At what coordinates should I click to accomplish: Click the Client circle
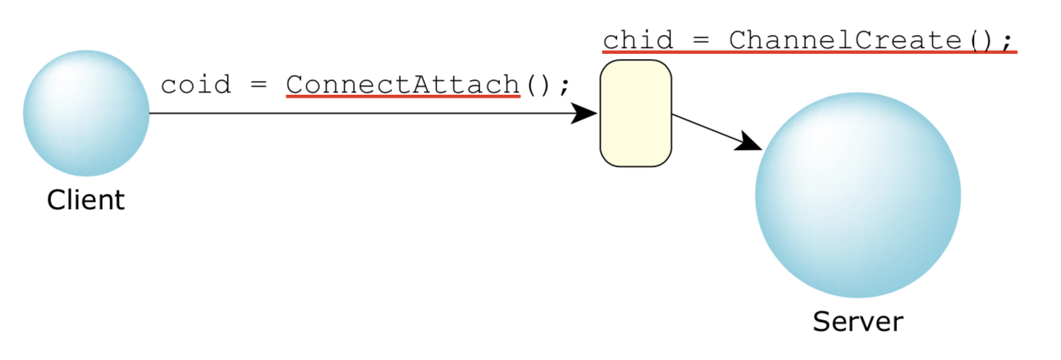coord(86,113)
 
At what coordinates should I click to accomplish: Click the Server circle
coord(858,195)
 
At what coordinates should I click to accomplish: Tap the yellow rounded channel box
coord(635,113)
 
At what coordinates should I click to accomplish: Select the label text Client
coord(86,199)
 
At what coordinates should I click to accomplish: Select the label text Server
coord(858,321)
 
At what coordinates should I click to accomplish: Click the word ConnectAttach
coord(402,85)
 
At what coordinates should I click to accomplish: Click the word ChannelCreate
coord(845,39)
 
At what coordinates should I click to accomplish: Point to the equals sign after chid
coord(700,40)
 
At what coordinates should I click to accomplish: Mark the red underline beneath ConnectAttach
coord(402,96)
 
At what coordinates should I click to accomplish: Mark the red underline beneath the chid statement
coord(809,52)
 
